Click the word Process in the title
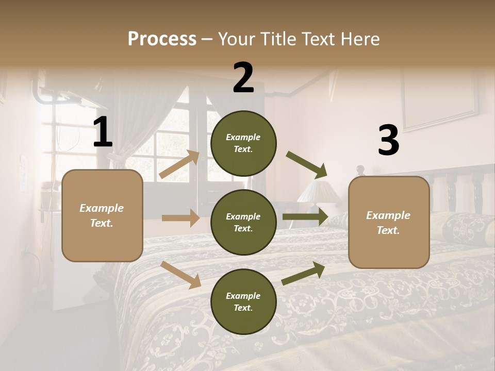point(162,39)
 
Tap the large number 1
point(103,132)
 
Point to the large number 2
point(243,77)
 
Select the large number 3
point(388,141)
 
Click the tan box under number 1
point(102,215)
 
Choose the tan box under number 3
point(389,222)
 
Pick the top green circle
point(243,143)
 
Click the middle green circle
point(243,223)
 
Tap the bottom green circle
point(243,301)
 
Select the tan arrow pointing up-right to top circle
point(179,164)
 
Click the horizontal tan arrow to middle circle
point(180,218)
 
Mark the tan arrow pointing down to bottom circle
point(180,275)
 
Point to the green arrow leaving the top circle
point(307,165)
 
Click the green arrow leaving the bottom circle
point(303,274)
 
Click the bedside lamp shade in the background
point(318,192)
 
